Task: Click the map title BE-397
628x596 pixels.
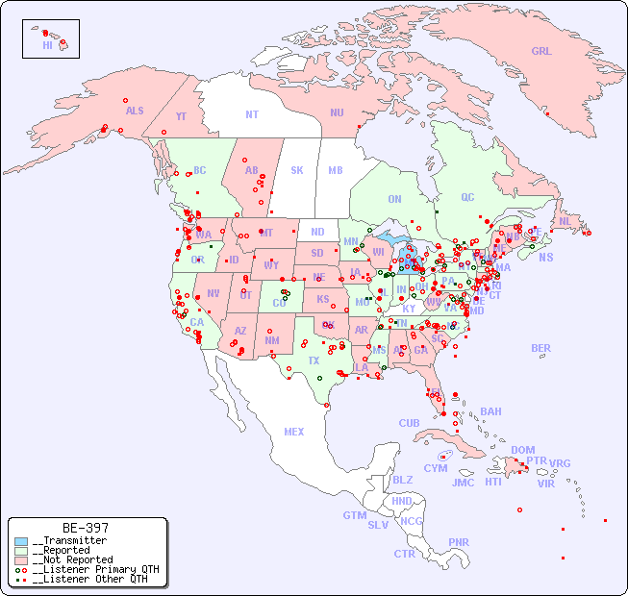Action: coord(85,528)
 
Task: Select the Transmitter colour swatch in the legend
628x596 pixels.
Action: coord(22,541)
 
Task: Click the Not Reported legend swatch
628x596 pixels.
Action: coord(22,559)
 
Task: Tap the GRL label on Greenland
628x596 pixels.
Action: coord(541,52)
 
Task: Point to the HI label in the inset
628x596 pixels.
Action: coord(47,45)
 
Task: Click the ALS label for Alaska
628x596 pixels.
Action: coord(135,111)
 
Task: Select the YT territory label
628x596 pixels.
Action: coord(181,116)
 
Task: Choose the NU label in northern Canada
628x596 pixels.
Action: coord(337,112)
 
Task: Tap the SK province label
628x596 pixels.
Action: coord(297,171)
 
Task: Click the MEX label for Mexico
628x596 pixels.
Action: coord(294,432)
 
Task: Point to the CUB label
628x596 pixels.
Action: coord(409,423)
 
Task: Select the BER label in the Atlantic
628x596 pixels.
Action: coord(540,348)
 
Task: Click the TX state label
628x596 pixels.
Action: coord(314,361)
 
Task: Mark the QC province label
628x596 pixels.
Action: coord(467,197)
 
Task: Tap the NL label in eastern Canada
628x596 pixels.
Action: coord(565,221)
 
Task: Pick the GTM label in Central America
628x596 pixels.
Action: coord(354,515)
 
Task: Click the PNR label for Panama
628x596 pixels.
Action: coord(459,542)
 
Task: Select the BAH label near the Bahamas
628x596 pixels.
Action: coord(490,411)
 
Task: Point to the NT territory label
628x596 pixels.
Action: coord(252,114)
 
